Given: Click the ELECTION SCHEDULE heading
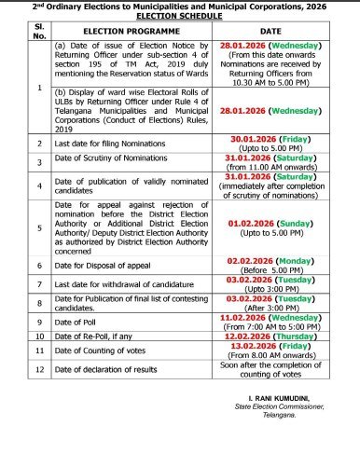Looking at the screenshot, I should pos(180,18).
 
